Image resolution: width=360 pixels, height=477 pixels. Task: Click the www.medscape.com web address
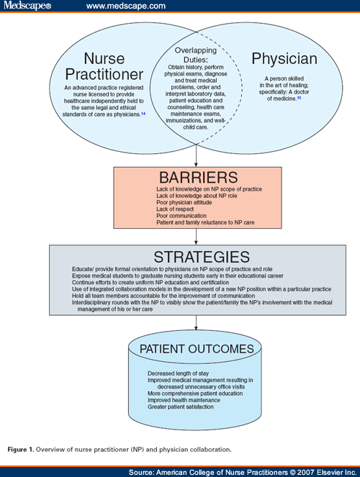click(x=125, y=6)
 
